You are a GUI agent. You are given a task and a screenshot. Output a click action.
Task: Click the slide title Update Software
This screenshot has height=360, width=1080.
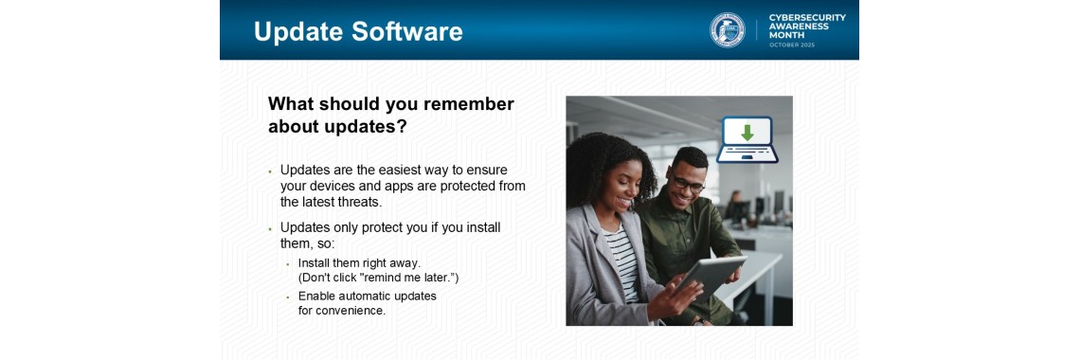[358, 31]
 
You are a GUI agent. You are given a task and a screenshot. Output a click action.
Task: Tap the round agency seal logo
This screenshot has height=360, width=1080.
[728, 30]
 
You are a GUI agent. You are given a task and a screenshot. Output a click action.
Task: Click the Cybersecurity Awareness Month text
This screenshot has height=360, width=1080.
[807, 27]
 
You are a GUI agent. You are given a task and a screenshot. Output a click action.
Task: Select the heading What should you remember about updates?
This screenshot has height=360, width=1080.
[390, 115]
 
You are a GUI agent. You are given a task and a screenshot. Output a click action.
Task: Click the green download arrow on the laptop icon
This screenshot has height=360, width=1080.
[747, 133]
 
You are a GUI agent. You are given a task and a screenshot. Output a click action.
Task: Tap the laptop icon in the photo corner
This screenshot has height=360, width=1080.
[746, 140]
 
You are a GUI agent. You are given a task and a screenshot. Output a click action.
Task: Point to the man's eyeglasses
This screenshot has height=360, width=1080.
[688, 183]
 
